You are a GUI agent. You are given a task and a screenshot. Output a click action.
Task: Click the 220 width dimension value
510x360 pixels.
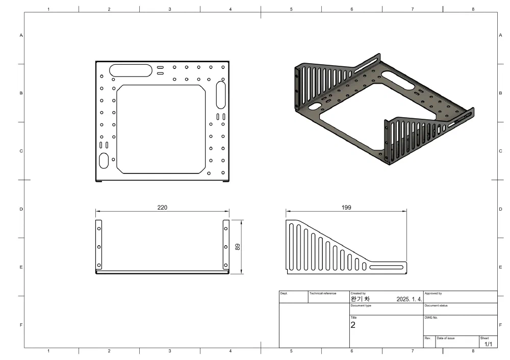[x=162, y=208]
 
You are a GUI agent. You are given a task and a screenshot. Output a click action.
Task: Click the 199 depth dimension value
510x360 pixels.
[x=346, y=208]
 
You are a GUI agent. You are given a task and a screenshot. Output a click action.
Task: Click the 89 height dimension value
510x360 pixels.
[x=238, y=247]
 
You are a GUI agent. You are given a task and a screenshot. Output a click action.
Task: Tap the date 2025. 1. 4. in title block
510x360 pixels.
[x=409, y=299]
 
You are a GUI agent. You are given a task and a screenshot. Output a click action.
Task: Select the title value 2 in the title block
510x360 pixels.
[x=352, y=324]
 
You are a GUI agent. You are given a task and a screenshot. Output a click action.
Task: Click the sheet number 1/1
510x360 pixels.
[x=488, y=344]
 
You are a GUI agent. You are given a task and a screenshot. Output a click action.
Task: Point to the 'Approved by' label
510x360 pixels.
[x=433, y=294]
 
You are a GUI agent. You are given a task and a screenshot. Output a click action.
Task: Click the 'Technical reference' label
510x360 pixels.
[x=323, y=294]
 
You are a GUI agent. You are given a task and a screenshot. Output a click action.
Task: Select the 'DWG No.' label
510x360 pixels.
[x=431, y=318]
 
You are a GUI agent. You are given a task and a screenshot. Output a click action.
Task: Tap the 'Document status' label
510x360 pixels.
[x=436, y=305]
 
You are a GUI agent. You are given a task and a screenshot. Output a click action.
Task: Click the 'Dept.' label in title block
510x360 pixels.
[x=284, y=294]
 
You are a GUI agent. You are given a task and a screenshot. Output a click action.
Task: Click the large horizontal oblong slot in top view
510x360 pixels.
[x=131, y=69]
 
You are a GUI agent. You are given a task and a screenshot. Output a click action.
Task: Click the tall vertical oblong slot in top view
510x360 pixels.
[x=221, y=94]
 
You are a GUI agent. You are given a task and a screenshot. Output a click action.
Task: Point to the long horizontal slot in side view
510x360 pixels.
[x=386, y=267]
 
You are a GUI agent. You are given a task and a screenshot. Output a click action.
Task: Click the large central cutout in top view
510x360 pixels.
[x=161, y=129]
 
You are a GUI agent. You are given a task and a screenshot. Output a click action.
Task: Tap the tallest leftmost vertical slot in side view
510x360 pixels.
[x=291, y=246]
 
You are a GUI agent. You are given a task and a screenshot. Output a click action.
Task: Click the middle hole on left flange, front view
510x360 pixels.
[x=99, y=247]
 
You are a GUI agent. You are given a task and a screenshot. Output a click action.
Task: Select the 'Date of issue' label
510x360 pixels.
[x=446, y=338]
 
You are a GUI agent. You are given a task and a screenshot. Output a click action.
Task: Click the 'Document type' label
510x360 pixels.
[x=361, y=305]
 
